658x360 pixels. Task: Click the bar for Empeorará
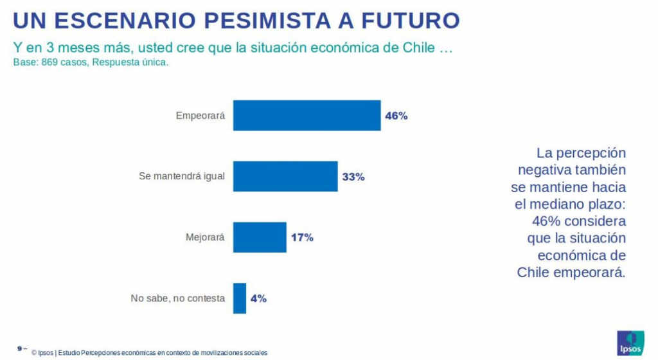coord(307,116)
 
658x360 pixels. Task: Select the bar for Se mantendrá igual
coord(285,176)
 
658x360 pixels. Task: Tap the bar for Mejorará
coord(259,237)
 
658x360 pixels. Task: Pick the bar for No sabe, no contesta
coord(239,298)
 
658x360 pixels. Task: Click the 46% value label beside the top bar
coord(396,116)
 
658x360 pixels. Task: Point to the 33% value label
coord(353,177)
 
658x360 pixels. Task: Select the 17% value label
coord(301,238)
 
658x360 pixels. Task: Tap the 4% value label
coord(258,298)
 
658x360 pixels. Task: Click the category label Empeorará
coord(200,116)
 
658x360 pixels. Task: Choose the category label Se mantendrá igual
coord(182,177)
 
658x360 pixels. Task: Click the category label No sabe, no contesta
coord(177,298)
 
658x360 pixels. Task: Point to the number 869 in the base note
coord(49,63)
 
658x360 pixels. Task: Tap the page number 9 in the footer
coord(20,348)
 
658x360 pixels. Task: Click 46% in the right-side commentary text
coord(546,221)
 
